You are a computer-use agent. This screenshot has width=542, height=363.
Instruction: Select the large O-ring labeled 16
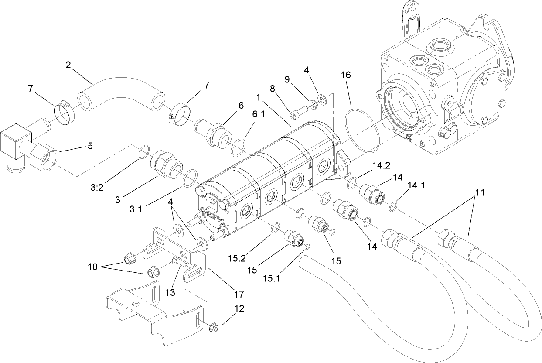[361, 129]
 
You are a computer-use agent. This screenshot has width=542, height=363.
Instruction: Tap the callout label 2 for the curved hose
[68, 65]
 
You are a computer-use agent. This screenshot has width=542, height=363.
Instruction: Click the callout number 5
[90, 146]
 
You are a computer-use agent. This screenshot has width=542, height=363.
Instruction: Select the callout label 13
[170, 292]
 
